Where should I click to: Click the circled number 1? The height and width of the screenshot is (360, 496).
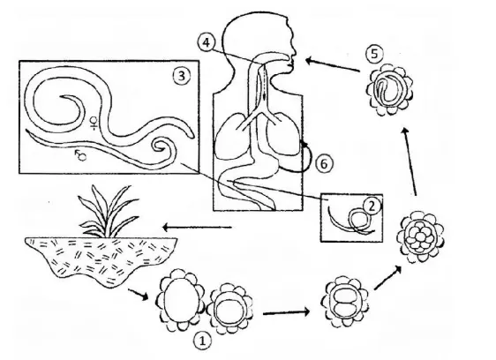click(202, 341)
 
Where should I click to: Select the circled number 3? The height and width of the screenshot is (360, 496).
click(182, 76)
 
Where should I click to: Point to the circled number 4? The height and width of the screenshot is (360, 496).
click(206, 42)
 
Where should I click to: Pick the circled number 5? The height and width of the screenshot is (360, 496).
click(374, 54)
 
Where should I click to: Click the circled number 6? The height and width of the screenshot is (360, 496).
click(324, 163)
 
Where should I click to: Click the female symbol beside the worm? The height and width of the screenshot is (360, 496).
click(94, 123)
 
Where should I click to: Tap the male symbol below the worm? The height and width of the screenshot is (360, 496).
click(80, 155)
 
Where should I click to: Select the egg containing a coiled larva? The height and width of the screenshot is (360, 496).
click(390, 89)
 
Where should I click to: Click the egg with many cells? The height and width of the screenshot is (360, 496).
click(421, 237)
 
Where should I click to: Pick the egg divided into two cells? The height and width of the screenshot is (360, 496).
click(344, 302)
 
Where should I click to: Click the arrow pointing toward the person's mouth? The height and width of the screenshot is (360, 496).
click(332, 64)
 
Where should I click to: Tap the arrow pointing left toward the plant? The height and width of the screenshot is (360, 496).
click(197, 227)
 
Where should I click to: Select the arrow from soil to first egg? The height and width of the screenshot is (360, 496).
click(139, 294)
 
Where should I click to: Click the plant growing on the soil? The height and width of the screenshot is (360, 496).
click(108, 211)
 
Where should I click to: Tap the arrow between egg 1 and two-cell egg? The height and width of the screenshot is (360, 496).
click(286, 312)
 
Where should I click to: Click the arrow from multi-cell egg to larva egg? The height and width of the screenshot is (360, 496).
click(410, 161)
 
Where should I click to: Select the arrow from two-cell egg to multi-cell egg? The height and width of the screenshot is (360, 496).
click(387, 278)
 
